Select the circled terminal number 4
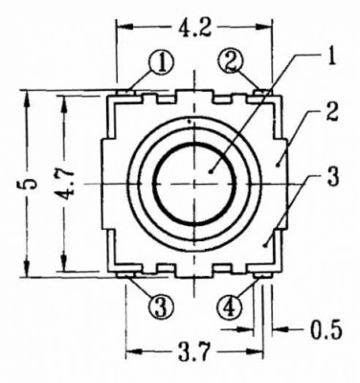pyautogui.click(x=231, y=307)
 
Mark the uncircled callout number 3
pyautogui.click(x=330, y=177)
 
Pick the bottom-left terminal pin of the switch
pyautogui.click(x=126, y=273)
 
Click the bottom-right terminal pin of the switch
pyautogui.click(x=263, y=273)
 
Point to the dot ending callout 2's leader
pyautogui.click(x=278, y=162)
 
